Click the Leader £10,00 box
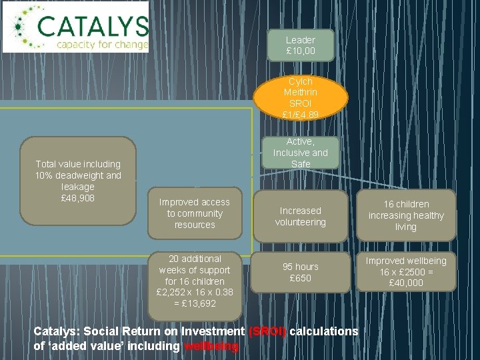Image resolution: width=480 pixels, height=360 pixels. click(x=300, y=45)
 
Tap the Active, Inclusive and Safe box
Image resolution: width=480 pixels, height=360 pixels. click(x=300, y=153)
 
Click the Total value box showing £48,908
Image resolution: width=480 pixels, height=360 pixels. click(x=79, y=181)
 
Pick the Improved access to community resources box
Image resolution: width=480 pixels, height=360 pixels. click(x=195, y=213)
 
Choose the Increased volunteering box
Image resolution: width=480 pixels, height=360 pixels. click(x=300, y=216)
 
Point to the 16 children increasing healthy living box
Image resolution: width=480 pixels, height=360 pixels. click(x=406, y=215)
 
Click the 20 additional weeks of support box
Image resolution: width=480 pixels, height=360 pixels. click(x=195, y=281)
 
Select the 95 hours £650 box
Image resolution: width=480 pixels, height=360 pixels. click(x=300, y=272)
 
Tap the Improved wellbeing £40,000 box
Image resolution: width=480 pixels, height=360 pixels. click(x=406, y=271)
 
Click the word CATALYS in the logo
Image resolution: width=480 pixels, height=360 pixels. click(x=92, y=26)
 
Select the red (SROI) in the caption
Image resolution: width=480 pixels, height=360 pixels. click(x=267, y=332)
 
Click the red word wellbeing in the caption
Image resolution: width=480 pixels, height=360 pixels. click(x=211, y=347)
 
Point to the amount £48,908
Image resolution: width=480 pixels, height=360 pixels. click(x=78, y=198)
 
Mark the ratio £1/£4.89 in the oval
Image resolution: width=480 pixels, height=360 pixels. click(x=301, y=115)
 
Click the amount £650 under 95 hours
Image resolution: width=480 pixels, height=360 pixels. click(x=300, y=278)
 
